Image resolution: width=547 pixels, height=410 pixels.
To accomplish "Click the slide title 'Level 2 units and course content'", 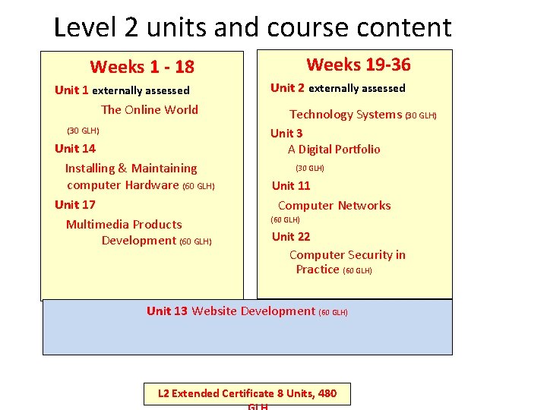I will coord(252,27).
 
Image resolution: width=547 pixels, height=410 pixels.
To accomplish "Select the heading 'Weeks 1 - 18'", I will coord(142,67).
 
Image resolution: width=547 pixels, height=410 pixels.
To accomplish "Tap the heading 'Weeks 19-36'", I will coord(358,65).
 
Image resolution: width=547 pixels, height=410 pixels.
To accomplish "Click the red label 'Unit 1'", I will coord(71,90).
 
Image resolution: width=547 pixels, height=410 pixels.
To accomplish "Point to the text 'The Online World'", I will coord(150,109).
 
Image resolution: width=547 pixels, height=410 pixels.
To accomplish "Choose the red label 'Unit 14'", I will coord(75,148).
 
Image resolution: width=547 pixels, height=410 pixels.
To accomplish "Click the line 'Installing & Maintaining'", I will coord(131,168).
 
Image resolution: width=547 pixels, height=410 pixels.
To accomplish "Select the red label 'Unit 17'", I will coord(75,204).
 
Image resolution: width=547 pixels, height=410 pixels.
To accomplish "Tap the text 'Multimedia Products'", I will coord(124,224).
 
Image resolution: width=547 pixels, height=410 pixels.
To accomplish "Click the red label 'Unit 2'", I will coord(287,87).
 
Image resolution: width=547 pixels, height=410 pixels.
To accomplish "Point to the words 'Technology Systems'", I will coord(346,114).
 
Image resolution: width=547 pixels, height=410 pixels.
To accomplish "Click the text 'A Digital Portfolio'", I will coord(334,149).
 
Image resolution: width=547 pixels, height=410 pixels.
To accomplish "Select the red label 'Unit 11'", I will coord(291,185).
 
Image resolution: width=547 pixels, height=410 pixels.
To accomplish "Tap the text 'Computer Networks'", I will coord(334,205).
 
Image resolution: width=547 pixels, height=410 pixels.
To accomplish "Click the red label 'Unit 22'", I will coord(291,236).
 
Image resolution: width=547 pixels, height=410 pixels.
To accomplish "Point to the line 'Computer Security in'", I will coord(347,254).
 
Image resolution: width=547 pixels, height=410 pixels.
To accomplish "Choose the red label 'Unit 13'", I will coord(167,311).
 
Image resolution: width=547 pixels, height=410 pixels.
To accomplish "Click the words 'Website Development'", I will coord(253,311).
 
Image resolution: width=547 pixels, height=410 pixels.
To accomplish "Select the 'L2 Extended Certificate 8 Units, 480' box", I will coord(248,393).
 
